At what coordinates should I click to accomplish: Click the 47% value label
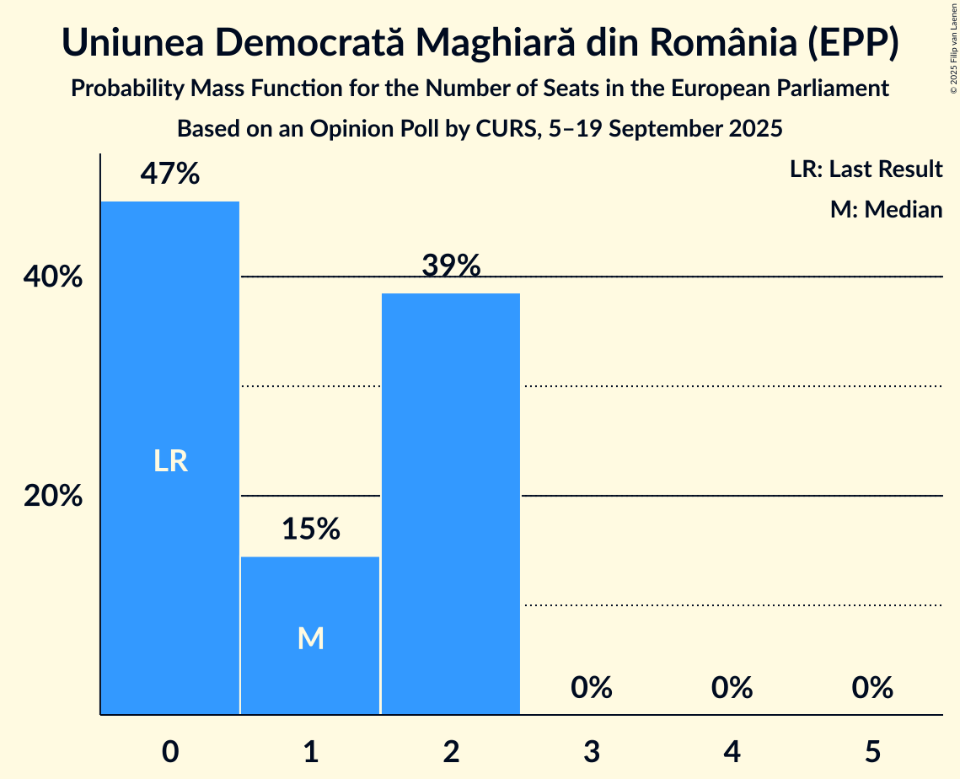click(x=170, y=175)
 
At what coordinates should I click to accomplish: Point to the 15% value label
click(x=310, y=529)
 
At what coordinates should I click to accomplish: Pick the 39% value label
click(x=451, y=266)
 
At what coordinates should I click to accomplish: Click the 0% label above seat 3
click(x=591, y=688)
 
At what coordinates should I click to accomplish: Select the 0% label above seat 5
click(x=872, y=688)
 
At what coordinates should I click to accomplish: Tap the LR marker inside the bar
click(x=170, y=461)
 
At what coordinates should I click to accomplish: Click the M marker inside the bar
click(x=310, y=638)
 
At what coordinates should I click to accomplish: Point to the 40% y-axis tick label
click(x=53, y=277)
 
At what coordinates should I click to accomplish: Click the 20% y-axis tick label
click(x=53, y=496)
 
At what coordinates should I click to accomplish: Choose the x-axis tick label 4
click(x=732, y=751)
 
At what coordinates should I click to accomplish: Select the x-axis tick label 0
click(x=170, y=751)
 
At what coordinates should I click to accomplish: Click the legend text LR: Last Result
click(x=866, y=169)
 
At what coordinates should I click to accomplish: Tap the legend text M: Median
click(x=886, y=209)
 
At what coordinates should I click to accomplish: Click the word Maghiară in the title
click(x=497, y=44)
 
